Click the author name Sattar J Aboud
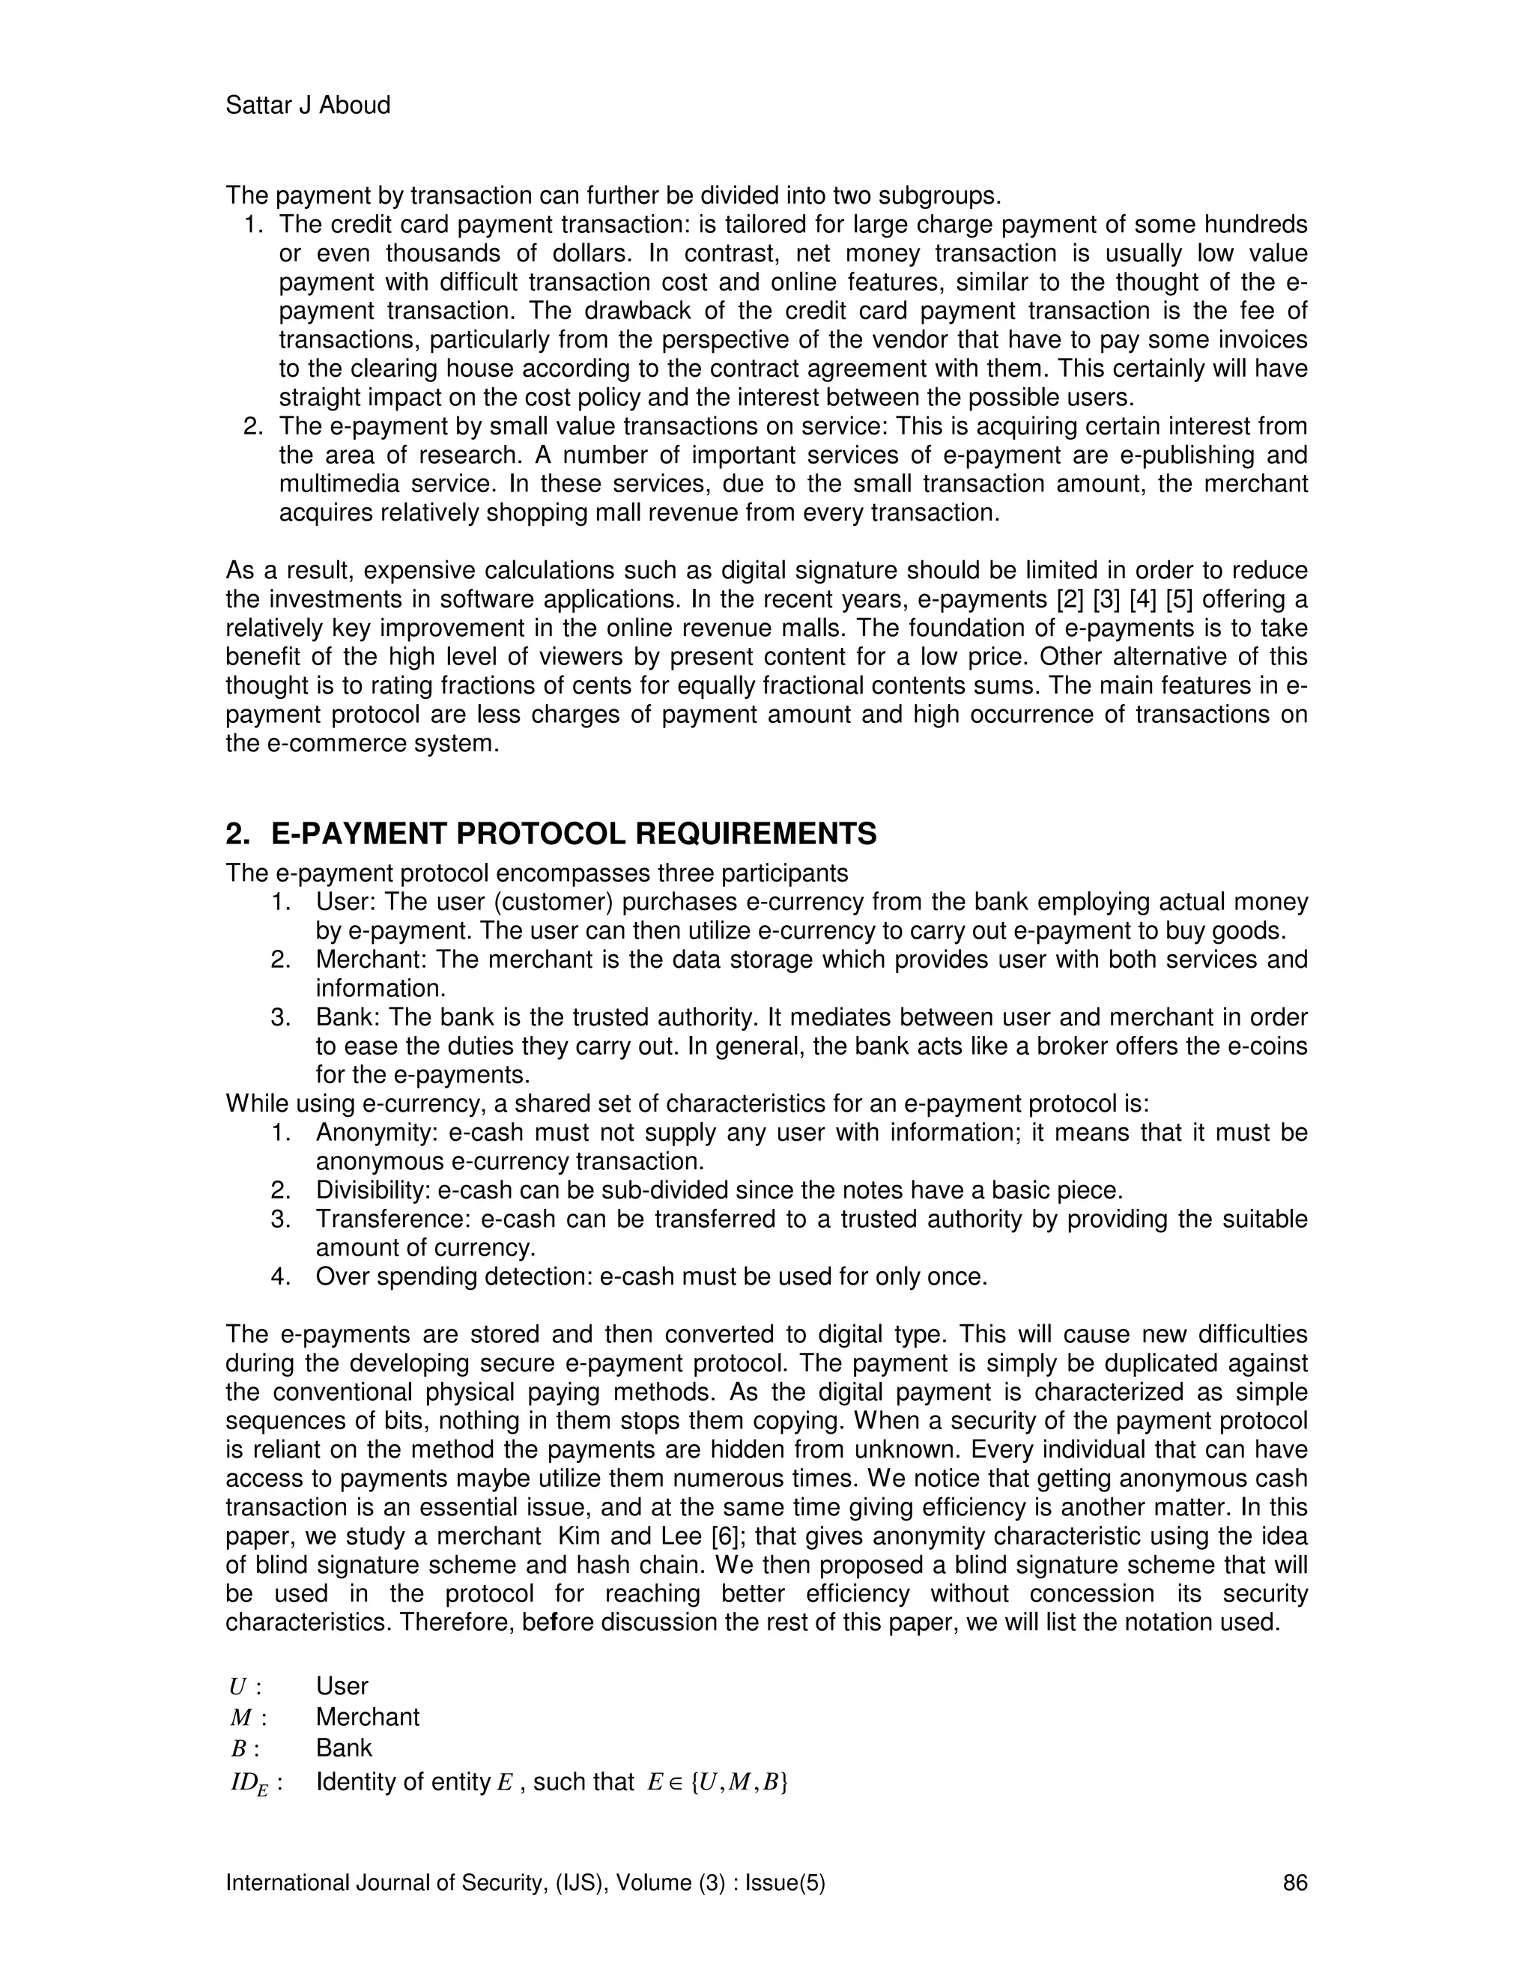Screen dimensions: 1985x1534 tap(307, 106)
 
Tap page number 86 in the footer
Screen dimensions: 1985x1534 tap(1295, 1882)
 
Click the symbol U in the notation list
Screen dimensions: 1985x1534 tap(238, 1687)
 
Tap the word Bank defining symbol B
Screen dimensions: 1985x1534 tap(344, 1748)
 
